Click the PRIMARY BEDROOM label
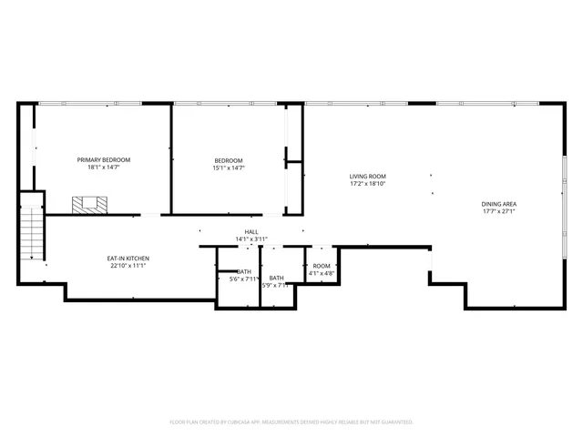coord(103,159)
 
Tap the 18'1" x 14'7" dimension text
coord(103,168)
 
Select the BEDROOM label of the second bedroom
coord(229,160)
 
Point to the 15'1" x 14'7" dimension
coord(229,168)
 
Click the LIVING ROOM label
coord(368,176)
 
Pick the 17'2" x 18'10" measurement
coord(368,183)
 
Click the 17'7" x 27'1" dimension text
coord(498,211)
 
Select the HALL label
coord(251,232)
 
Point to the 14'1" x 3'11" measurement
coord(251,239)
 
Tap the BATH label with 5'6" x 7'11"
coord(244,271)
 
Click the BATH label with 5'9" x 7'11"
coord(275,278)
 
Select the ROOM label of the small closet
coord(322,265)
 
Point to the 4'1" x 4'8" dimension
coord(322,272)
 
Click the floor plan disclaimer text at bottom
coord(291,422)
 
